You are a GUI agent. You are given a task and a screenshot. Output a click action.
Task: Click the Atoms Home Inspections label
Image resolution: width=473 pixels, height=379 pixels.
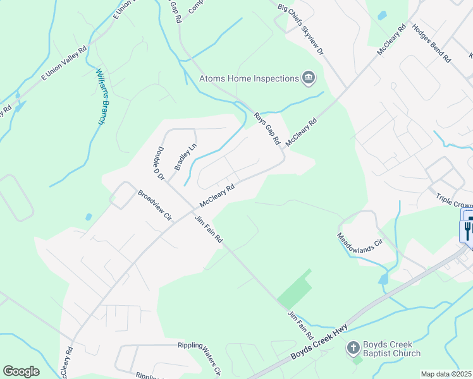coord(249,78)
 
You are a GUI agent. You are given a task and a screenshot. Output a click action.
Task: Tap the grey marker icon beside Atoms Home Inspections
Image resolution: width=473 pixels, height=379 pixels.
coord(308,78)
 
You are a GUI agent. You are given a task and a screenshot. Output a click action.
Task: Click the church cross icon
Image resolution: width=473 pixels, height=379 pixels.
coord(353,348)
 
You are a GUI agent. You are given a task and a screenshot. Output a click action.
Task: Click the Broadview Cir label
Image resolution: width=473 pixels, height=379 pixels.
coord(155,204)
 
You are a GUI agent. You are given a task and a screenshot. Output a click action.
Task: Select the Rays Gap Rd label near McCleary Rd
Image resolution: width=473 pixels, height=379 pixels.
coord(266,129)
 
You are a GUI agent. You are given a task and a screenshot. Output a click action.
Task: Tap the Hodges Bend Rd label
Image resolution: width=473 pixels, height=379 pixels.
coord(431,44)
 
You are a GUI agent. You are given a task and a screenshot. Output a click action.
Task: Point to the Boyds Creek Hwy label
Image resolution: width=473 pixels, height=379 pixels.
coord(319,342)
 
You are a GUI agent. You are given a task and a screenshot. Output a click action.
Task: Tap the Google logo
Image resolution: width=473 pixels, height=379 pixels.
coord(21,371)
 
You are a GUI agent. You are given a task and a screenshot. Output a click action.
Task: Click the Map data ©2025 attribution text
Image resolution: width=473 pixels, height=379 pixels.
coord(446,374)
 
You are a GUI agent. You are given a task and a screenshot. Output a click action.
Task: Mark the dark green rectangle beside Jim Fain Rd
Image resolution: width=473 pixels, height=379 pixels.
coord(295,290)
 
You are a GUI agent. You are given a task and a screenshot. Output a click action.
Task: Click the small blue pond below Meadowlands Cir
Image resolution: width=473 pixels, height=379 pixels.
coord(383,279)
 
